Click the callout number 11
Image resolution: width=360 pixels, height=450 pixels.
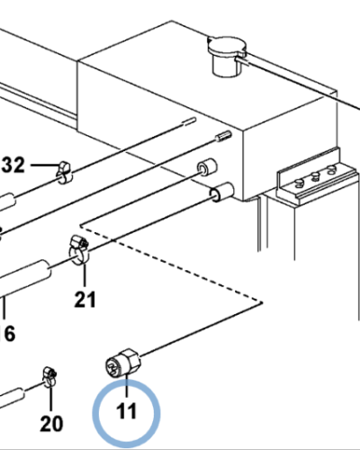coord(126,410)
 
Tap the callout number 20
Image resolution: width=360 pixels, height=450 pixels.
coord(51,424)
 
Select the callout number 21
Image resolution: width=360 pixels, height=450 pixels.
coord(85,300)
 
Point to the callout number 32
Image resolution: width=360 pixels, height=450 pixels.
coord(13,165)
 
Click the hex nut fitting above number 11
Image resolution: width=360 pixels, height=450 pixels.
coord(123,363)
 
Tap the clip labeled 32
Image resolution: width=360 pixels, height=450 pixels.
coord(64,173)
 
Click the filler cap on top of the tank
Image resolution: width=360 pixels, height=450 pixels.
coord(227,56)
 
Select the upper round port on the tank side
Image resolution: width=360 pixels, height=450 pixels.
coord(207,167)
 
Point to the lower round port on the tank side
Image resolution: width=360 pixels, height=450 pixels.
coord(221,192)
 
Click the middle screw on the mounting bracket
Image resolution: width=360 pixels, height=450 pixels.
coord(315,176)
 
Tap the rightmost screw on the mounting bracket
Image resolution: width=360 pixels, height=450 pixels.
coord(331,170)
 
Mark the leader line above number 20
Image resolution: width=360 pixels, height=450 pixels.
coord(50,399)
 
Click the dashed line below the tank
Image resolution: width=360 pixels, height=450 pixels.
coord(171,264)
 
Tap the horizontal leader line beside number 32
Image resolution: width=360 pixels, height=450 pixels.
coord(44,165)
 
